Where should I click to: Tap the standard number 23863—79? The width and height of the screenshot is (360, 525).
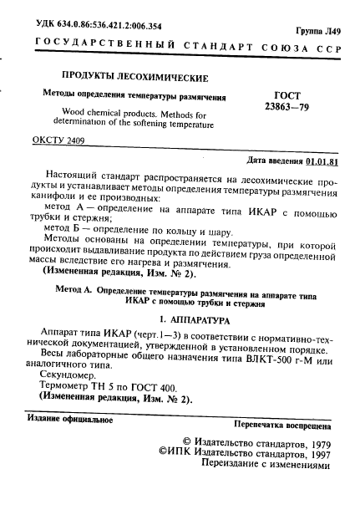point(286,108)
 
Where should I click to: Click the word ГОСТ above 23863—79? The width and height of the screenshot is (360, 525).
point(286,95)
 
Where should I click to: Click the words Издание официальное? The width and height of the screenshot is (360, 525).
point(68,418)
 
